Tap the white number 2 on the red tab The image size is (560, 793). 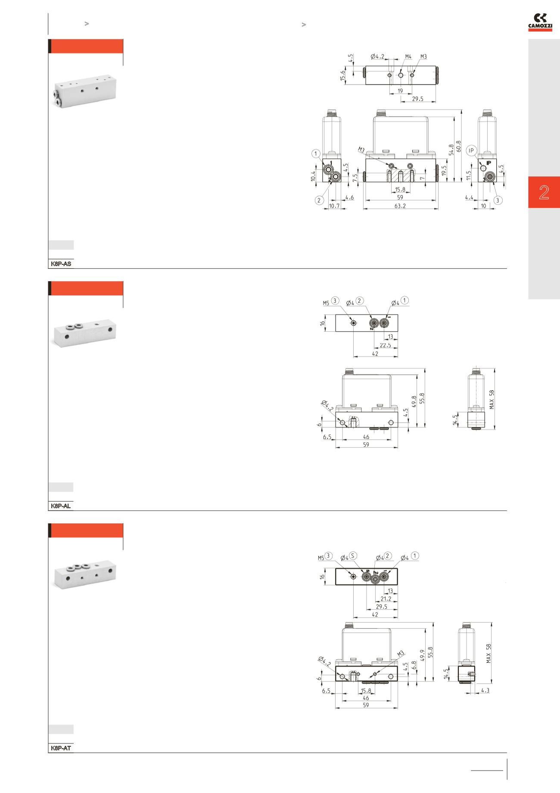click(x=544, y=192)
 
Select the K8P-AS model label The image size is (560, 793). click(x=61, y=263)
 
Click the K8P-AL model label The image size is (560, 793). click(x=61, y=506)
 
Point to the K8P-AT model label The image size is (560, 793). click(x=61, y=748)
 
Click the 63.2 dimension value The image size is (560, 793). click(x=400, y=206)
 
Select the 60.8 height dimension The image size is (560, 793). click(x=459, y=147)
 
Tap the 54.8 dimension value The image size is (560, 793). click(x=451, y=149)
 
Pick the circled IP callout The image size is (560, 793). click(x=473, y=150)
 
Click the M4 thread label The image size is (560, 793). click(x=408, y=56)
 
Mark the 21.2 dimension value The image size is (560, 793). click(x=386, y=599)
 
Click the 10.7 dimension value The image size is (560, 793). click(x=334, y=206)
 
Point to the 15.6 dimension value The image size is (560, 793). click(x=342, y=75)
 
